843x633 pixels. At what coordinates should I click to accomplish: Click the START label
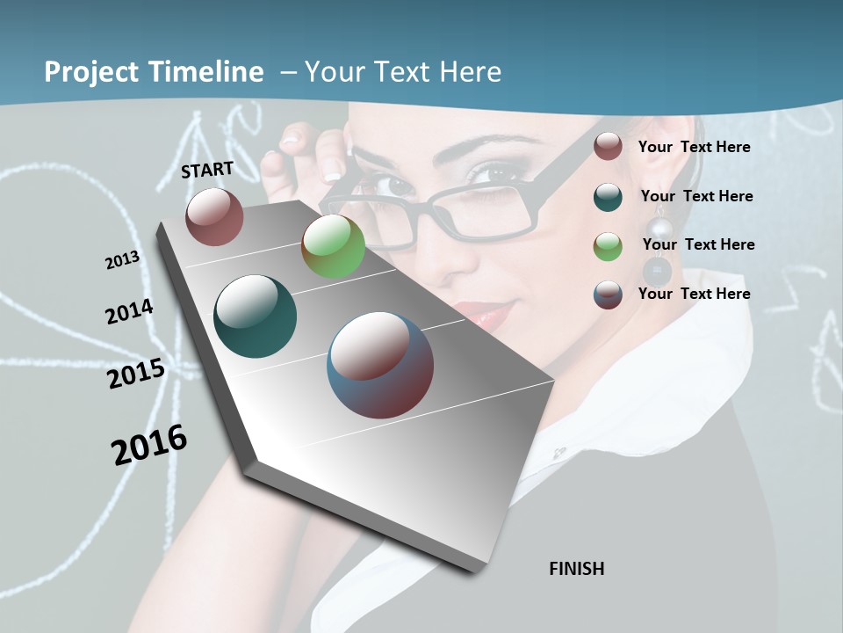pyautogui.click(x=207, y=170)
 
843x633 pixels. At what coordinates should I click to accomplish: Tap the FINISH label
pyautogui.click(x=576, y=569)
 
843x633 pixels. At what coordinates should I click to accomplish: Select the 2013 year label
pyautogui.click(x=122, y=260)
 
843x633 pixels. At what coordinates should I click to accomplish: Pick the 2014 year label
pyautogui.click(x=129, y=312)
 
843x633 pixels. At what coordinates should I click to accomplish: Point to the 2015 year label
pyautogui.click(x=136, y=374)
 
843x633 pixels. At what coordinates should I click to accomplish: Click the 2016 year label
pyautogui.click(x=149, y=444)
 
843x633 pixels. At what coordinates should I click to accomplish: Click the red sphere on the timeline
pyautogui.click(x=214, y=216)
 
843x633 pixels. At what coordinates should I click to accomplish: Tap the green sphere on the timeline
pyautogui.click(x=333, y=246)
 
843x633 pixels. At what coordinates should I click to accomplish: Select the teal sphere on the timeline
pyautogui.click(x=255, y=316)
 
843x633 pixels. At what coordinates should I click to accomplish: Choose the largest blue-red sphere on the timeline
pyautogui.click(x=380, y=365)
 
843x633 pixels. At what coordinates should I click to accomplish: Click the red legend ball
pyautogui.click(x=608, y=147)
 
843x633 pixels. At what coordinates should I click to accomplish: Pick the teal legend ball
pyautogui.click(x=608, y=196)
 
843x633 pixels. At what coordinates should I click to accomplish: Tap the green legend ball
pyautogui.click(x=608, y=245)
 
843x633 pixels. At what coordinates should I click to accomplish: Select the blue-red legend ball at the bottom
pyautogui.click(x=608, y=295)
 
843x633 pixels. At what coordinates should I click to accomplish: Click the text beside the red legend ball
pyautogui.click(x=694, y=147)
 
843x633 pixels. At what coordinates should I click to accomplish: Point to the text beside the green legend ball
pyautogui.click(x=698, y=244)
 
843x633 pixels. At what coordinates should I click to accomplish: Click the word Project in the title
pyautogui.click(x=91, y=72)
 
